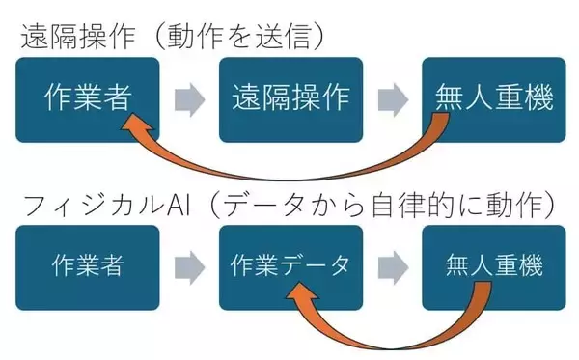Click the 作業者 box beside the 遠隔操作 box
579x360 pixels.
(86, 98)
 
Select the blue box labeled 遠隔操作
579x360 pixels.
(289, 98)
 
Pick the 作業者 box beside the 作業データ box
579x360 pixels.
(86, 266)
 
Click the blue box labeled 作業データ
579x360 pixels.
(289, 266)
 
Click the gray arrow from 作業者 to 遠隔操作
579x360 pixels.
(188, 98)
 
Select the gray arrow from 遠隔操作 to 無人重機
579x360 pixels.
(392, 98)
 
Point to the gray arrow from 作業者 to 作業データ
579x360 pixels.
(188, 266)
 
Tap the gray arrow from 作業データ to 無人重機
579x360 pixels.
(392, 266)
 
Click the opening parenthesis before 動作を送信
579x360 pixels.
(148, 36)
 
